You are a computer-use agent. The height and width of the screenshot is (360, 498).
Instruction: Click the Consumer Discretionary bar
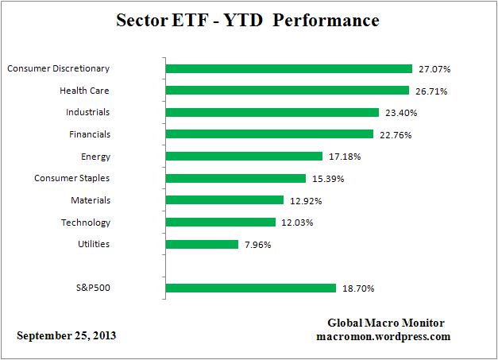tap(288, 69)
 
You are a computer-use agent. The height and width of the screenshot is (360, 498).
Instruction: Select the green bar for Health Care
tap(287, 91)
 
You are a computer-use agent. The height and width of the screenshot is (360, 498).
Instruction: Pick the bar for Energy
tap(244, 157)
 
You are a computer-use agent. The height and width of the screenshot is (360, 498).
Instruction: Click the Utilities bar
tap(202, 244)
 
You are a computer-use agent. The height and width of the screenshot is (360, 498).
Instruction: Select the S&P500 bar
tap(251, 288)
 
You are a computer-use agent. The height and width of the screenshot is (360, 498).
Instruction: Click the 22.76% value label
tap(395, 134)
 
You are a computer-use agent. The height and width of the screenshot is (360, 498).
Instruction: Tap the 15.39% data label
tap(327, 178)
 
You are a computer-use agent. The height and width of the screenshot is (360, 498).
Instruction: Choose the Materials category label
tap(90, 200)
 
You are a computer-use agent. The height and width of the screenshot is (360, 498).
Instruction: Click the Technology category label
tap(86, 223)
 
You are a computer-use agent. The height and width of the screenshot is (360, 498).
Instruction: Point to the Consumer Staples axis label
tap(73, 178)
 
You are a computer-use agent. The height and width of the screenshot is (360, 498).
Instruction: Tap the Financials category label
tap(90, 134)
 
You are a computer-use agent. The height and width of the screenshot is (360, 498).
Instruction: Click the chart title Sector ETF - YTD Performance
tap(249, 19)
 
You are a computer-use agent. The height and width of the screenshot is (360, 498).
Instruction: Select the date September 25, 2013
tap(67, 335)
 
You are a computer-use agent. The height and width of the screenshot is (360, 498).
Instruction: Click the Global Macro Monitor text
tap(386, 323)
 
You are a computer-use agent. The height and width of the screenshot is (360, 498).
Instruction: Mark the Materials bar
tap(224, 200)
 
